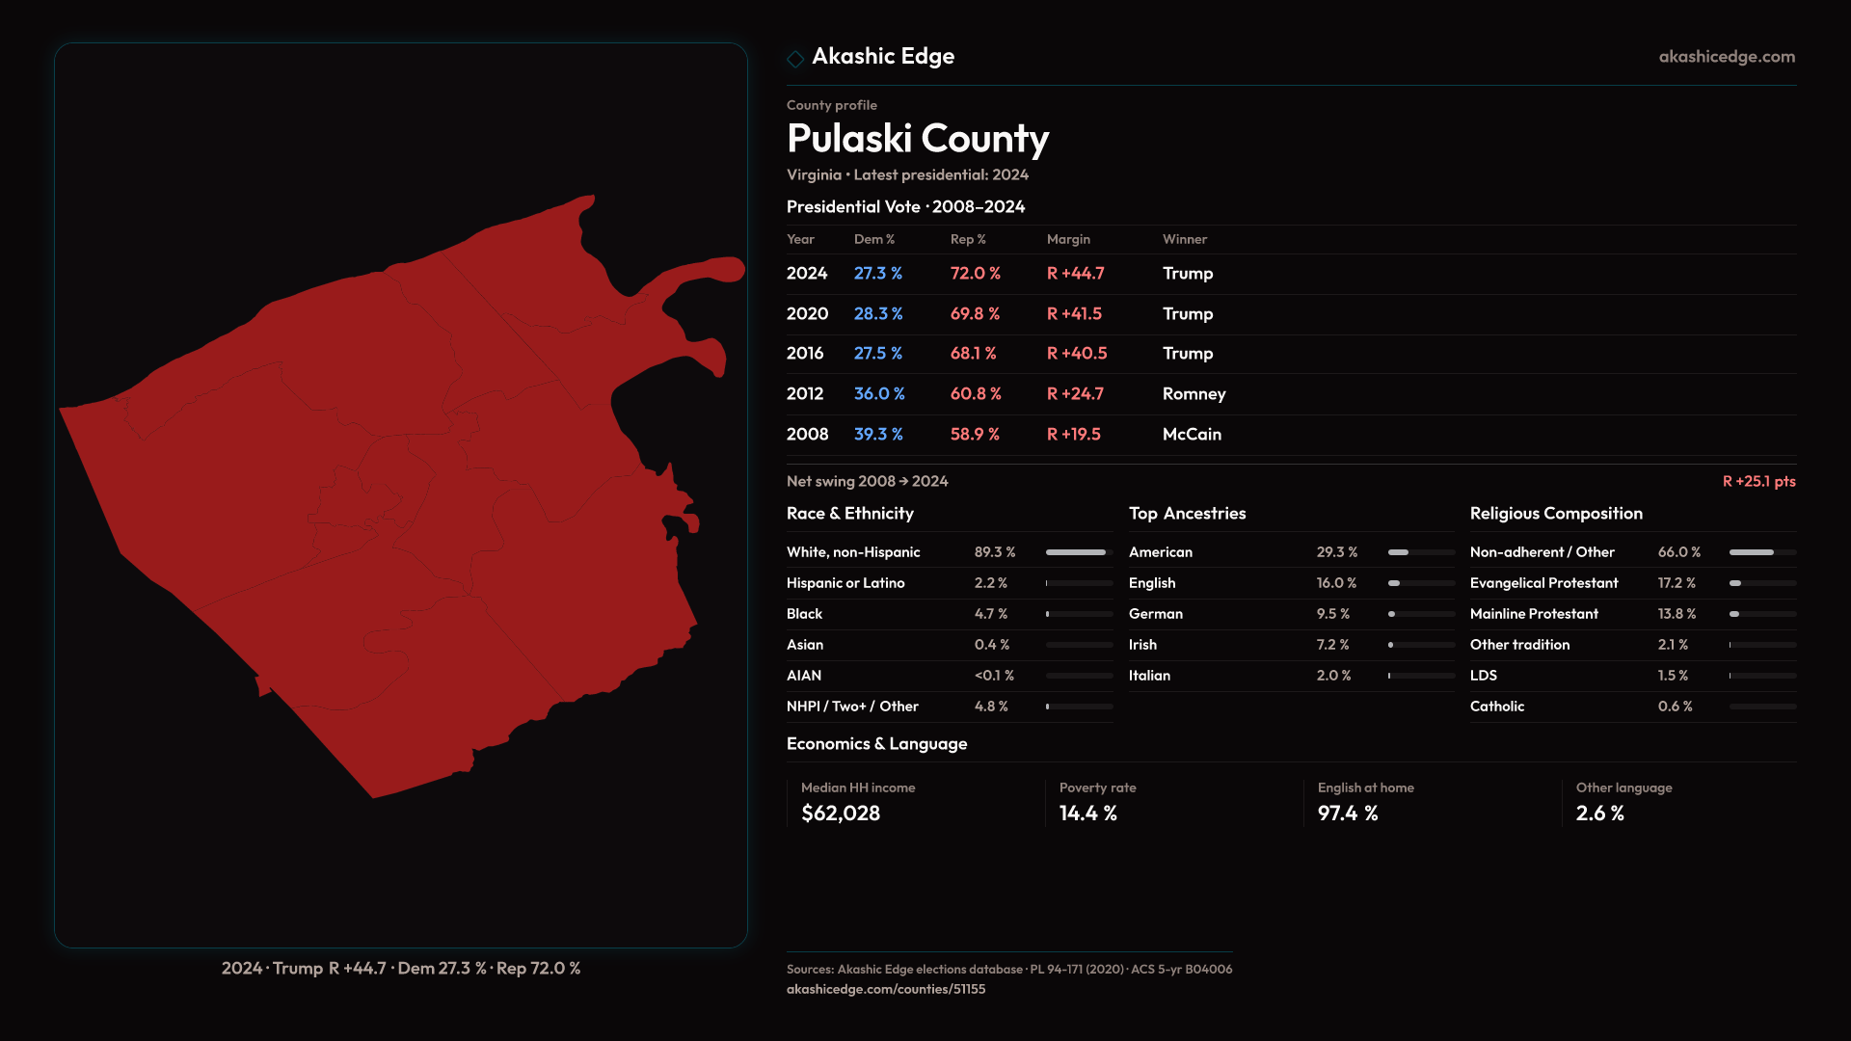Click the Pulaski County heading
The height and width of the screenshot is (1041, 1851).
pos(917,139)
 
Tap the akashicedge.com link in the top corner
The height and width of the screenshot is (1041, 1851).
pos(1727,57)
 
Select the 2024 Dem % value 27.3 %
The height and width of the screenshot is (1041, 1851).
pos(877,274)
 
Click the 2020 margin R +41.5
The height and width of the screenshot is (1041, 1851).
pos(1074,314)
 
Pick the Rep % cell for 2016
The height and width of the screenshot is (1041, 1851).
pos(973,354)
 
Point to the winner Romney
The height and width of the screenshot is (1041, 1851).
pos(1194,394)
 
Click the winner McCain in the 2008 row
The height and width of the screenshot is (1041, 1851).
pos(1192,435)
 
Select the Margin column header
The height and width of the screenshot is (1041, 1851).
pos(1068,240)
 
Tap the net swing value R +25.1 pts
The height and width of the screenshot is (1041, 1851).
pos(1758,482)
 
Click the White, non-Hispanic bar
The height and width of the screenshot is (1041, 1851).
pos(1078,552)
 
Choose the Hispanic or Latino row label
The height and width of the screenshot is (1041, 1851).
pos(845,583)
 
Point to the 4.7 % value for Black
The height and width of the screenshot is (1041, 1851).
pos(990,614)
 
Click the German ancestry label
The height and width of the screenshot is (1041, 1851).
pos(1155,614)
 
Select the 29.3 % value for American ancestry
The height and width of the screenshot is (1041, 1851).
pos(1336,552)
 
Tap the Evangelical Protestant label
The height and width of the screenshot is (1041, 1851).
pos(1543,583)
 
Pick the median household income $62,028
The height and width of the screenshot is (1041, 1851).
pos(841,814)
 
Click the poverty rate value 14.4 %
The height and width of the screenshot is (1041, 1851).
pos(1087,814)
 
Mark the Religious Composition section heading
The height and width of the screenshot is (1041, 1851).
pos(1556,514)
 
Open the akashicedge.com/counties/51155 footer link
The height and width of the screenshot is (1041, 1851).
pos(885,989)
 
